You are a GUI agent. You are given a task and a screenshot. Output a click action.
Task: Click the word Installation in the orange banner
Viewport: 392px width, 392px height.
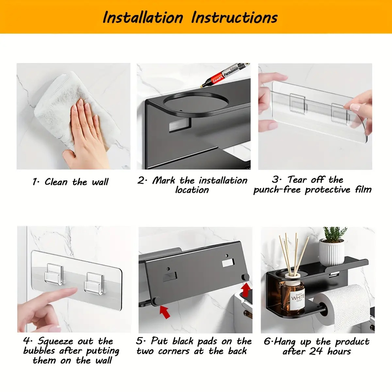(x=143, y=18)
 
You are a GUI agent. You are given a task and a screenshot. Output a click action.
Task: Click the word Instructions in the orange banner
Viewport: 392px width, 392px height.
(x=234, y=18)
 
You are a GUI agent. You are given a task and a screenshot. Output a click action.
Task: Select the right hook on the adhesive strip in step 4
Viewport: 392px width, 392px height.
(x=94, y=283)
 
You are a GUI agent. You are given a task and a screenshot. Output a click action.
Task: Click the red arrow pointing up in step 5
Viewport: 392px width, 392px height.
(x=246, y=290)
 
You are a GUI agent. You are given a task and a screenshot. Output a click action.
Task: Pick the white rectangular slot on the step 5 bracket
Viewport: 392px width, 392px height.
(x=228, y=263)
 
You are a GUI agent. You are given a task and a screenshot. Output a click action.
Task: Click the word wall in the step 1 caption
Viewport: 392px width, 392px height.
(x=100, y=182)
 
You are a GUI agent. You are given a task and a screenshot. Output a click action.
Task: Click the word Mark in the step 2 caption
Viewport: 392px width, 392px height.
(x=164, y=180)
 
